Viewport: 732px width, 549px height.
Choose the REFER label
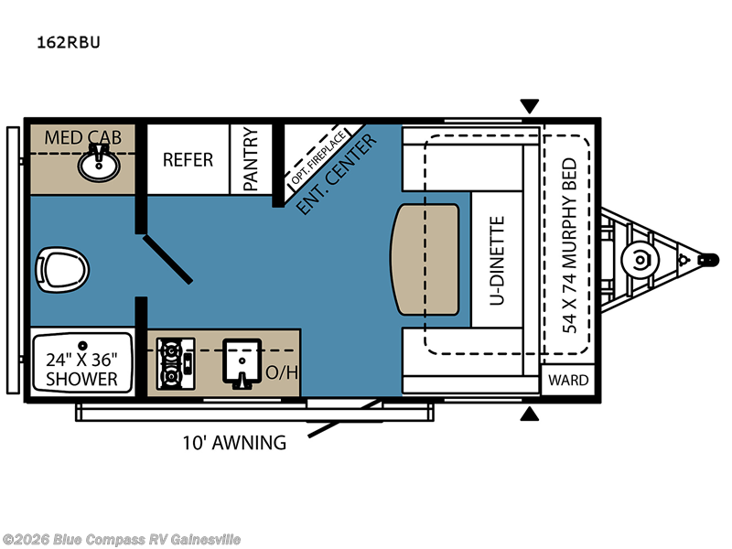pyautogui.click(x=188, y=159)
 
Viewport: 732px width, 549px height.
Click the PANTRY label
pyautogui.click(x=252, y=158)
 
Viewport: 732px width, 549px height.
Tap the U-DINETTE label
pyautogui.click(x=498, y=260)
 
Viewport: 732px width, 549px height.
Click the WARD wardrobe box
pyautogui.click(x=569, y=379)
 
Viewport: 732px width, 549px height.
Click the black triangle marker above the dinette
pyautogui.click(x=529, y=106)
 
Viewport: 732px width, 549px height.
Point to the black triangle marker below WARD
pyautogui.click(x=529, y=415)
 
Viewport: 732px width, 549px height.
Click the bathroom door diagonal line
pyautogui.click(x=166, y=257)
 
